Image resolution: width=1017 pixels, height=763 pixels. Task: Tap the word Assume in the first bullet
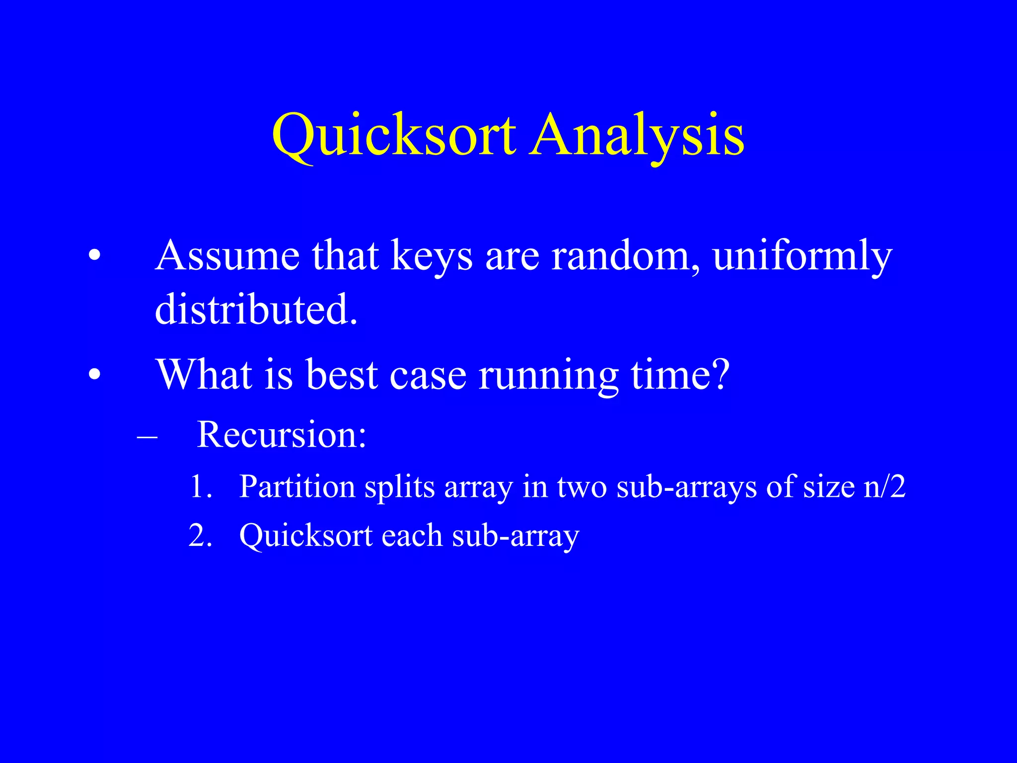pyautogui.click(x=227, y=256)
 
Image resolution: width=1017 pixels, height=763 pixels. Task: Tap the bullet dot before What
pyautogui.click(x=94, y=375)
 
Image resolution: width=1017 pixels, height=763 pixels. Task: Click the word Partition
pyautogui.click(x=296, y=487)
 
